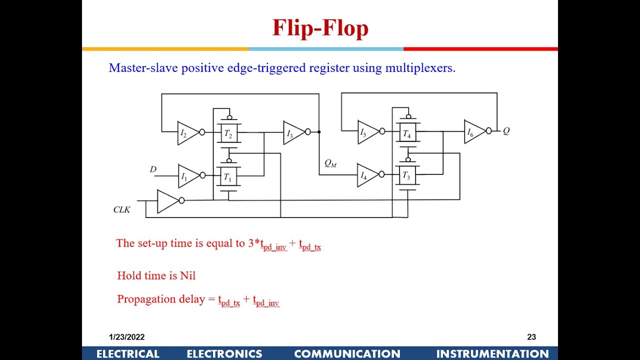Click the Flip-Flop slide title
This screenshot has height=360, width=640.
click(320, 28)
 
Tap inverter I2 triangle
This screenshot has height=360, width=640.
click(186, 133)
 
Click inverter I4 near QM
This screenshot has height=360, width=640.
click(366, 175)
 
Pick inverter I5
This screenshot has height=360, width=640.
click(366, 132)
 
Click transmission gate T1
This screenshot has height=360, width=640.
click(228, 176)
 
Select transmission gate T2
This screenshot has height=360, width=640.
click(228, 133)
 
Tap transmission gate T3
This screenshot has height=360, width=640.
click(407, 175)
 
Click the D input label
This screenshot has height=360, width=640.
click(153, 169)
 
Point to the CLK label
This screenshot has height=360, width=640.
click(121, 209)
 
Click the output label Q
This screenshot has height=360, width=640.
click(506, 131)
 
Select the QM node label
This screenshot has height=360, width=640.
click(330, 163)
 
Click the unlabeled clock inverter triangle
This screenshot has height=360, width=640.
click(166, 201)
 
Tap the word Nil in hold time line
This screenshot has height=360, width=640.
click(187, 275)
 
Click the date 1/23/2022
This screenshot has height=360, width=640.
click(127, 337)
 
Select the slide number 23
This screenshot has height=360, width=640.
click(531, 337)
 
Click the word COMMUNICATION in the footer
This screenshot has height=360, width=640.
click(347, 354)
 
